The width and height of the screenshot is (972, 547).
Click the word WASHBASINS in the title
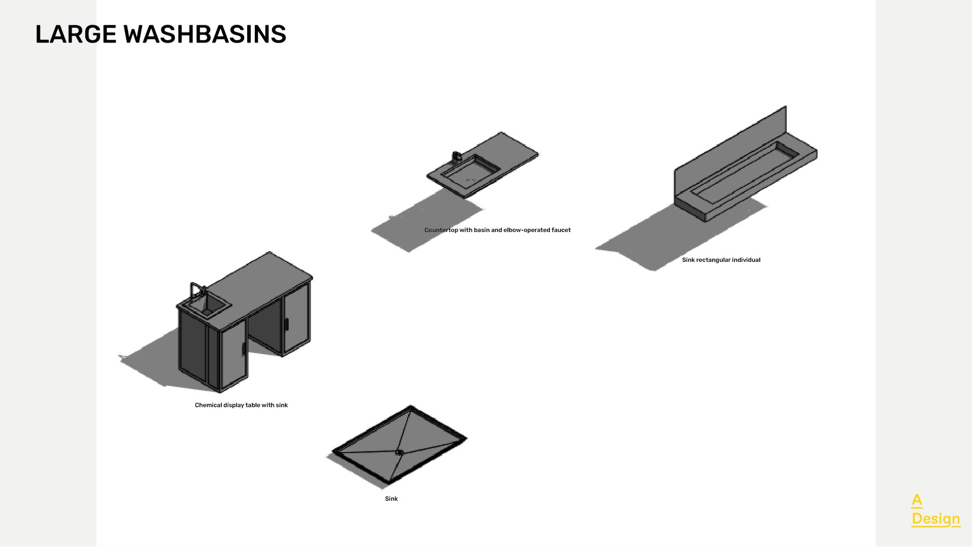point(205,34)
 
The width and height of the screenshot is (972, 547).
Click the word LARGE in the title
point(76,34)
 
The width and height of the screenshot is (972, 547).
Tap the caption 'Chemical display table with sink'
point(241,405)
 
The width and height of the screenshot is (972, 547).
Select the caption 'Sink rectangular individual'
point(721,260)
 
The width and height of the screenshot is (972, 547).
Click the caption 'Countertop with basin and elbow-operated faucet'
point(497,230)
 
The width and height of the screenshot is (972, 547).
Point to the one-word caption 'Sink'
point(391,499)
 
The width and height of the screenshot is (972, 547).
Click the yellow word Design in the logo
point(936,519)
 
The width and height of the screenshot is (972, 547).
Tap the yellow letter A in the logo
point(917,500)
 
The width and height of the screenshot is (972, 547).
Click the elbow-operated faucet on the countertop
point(456,156)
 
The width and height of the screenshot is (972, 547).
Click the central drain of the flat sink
point(399,452)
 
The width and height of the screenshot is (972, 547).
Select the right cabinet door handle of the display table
point(287,324)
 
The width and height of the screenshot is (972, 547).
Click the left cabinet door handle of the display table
point(244,349)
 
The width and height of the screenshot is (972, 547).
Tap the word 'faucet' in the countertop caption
point(561,230)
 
